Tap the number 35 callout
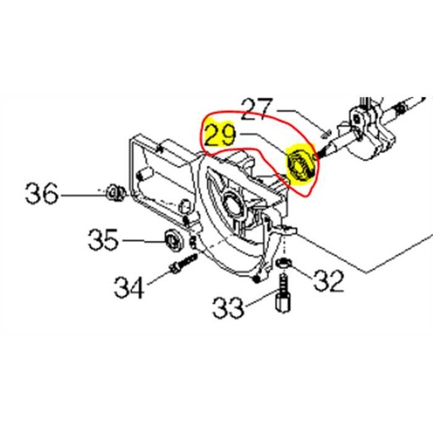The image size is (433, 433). click(x=107, y=241)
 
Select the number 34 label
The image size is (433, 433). click(x=129, y=289)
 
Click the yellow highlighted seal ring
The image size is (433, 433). click(x=299, y=162)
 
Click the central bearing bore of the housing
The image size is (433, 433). click(x=228, y=203)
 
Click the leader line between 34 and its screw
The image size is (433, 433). click(x=158, y=278)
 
